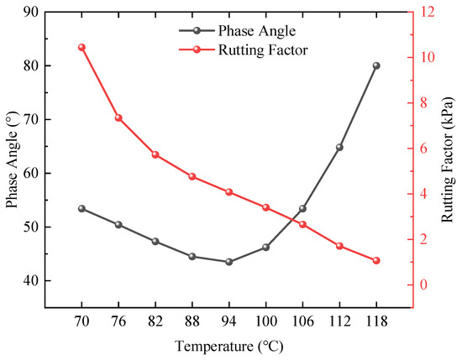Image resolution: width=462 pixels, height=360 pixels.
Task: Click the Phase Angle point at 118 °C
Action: [x=376, y=65]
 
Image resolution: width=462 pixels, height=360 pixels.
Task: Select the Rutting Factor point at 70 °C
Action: [x=81, y=47]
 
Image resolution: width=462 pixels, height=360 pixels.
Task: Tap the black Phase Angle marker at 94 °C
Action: [x=229, y=262]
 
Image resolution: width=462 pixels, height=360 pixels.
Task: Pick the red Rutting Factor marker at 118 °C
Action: [x=376, y=260]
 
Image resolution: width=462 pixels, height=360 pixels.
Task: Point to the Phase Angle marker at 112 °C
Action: [x=339, y=147]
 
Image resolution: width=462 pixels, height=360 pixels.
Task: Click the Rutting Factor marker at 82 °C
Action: [x=155, y=155]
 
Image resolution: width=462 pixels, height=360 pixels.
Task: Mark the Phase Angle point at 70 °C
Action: [x=81, y=209]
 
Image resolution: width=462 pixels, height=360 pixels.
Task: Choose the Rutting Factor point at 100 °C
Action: [x=265, y=207]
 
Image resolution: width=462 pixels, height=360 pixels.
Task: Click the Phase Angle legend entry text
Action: [x=257, y=31]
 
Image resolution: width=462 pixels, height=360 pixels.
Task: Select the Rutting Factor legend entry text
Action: [x=263, y=50]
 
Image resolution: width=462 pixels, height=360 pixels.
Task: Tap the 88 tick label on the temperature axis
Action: [x=192, y=321]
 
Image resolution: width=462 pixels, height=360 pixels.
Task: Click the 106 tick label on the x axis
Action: [x=302, y=321]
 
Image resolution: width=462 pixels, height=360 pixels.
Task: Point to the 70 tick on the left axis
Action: [x=31, y=119]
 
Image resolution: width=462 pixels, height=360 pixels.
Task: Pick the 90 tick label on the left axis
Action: [x=31, y=12]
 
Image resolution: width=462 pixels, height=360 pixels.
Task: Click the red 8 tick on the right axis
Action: [x=423, y=103]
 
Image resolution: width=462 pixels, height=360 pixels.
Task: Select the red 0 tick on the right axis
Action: [x=423, y=284]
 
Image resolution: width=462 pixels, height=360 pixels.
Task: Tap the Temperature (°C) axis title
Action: [x=229, y=347]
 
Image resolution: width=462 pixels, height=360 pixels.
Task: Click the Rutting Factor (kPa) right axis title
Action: [x=447, y=159]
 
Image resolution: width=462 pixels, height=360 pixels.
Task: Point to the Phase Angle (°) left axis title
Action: [x=13, y=159]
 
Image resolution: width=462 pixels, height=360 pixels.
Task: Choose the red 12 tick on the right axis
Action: [x=427, y=12]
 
